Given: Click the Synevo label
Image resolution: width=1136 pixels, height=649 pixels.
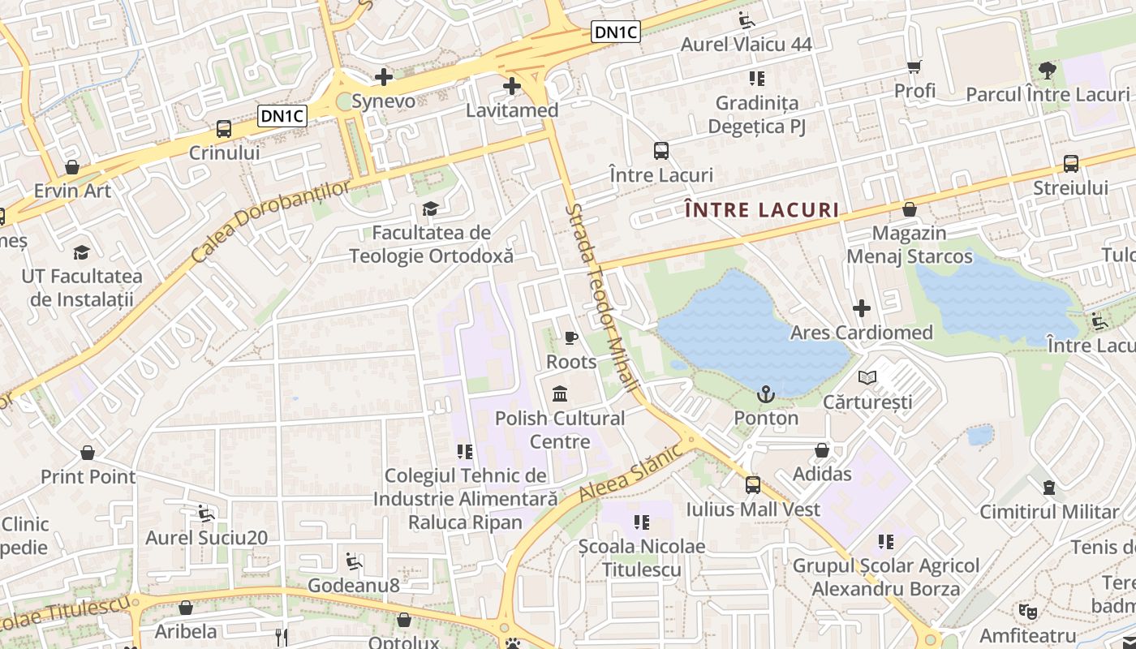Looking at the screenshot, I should pos(383,101).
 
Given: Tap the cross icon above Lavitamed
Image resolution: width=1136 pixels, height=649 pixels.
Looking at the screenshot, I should pos(512,85).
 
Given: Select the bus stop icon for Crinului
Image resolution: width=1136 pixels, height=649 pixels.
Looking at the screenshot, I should pos(223,128).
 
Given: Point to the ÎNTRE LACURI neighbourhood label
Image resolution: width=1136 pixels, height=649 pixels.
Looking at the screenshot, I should pos(762,210).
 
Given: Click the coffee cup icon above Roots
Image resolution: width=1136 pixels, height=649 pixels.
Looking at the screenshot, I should pos(571,337).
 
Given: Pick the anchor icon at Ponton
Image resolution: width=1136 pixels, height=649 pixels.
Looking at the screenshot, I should pos(765,395).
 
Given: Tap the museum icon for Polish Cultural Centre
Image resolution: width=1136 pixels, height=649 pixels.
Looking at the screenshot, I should pos(560,394).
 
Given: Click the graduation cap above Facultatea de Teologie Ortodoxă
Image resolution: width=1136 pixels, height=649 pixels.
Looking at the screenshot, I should pos(430,209).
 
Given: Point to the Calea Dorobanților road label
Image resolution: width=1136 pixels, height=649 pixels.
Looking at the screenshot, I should pos(272,221).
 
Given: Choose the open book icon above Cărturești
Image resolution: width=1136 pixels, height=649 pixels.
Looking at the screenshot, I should pos(867,377).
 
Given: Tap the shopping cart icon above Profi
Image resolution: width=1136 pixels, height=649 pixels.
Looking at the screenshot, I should pos(914,67).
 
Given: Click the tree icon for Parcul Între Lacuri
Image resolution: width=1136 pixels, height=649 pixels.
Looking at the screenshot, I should pos(1048,70).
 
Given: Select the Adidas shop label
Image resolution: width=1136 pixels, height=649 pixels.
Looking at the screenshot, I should pos(822,474).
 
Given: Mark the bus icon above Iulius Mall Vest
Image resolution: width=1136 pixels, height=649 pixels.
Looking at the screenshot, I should pos(753,485).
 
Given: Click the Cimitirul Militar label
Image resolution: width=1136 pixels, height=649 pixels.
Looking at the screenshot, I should pos(1049,512).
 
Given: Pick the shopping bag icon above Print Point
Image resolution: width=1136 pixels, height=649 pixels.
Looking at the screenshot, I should pos(88,453).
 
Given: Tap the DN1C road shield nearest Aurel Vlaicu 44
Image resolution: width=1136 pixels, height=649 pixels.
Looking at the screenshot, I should pos(616,32).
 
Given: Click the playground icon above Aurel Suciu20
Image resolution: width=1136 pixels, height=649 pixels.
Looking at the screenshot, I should pos(206,514).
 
